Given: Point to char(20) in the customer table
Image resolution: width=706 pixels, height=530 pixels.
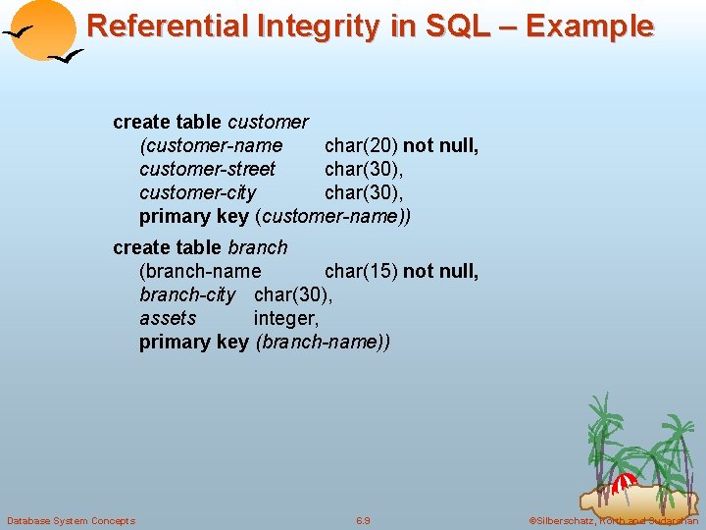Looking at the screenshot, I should [x=361, y=145].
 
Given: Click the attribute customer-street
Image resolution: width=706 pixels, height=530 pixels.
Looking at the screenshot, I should [x=207, y=169].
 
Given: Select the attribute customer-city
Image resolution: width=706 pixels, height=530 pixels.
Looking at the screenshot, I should [x=197, y=192].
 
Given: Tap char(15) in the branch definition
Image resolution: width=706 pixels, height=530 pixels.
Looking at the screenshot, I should [x=361, y=271].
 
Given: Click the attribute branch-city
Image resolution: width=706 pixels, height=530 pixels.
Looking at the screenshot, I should [x=187, y=294].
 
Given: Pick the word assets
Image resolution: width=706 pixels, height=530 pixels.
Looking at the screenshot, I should [x=168, y=318].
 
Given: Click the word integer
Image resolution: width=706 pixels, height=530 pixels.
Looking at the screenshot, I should [x=286, y=318].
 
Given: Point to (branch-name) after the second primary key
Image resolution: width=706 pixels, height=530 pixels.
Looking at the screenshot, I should [x=323, y=342].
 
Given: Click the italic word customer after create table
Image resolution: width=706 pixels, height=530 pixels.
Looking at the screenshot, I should [x=268, y=122].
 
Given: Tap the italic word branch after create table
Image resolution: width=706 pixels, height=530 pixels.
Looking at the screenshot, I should [x=258, y=247].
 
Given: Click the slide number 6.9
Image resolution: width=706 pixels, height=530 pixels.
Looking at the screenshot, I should [x=363, y=520].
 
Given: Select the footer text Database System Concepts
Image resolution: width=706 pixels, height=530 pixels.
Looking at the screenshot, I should [x=71, y=520].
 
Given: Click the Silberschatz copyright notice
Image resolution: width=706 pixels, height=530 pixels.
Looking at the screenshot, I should [x=614, y=520].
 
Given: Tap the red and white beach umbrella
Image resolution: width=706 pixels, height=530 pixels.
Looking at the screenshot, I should [x=624, y=482].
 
